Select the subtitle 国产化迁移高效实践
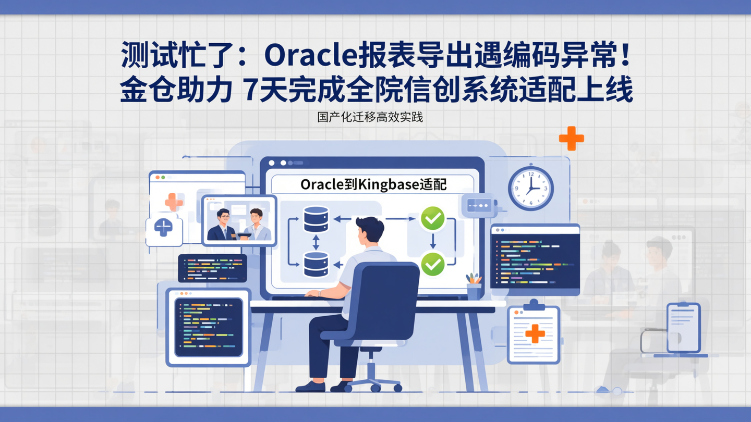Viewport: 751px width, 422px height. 370,117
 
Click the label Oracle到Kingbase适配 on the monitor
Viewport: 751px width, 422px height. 373,184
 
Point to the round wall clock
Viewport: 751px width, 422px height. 530,188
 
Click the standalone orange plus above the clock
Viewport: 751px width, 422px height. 571,138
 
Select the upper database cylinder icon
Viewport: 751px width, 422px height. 316,219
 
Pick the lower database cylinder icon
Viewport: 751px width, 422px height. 316,264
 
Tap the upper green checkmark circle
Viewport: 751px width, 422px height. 432,219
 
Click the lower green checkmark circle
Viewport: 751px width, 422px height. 432,264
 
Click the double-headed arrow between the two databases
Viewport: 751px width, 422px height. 316,242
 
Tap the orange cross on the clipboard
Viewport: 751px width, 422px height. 535,333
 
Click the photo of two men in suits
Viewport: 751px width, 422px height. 239,221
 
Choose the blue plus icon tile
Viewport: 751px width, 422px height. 164,229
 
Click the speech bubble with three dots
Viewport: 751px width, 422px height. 478,206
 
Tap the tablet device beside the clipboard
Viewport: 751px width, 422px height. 683,328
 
